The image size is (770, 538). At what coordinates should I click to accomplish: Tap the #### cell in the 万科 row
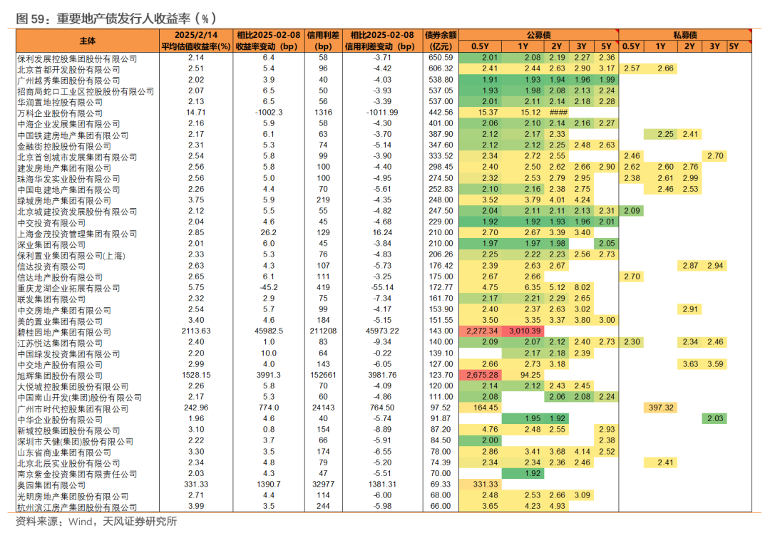pos(558,113)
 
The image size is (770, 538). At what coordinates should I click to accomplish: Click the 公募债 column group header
pos(538,35)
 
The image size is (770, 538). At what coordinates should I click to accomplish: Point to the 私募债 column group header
pos(685,35)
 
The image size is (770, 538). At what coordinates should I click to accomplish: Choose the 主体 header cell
pos(88,41)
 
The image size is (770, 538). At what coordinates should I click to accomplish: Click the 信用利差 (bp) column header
pos(323,41)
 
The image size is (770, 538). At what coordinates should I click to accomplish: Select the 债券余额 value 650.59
pos(441,58)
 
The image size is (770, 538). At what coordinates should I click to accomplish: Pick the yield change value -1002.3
pos(269,113)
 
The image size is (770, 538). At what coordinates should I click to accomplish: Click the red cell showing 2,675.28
pos(482,375)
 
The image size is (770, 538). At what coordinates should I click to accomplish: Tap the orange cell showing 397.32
pos(661,408)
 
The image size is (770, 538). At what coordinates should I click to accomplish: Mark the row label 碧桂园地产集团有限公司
pos(64,333)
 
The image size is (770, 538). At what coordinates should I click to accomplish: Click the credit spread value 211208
pos(323,331)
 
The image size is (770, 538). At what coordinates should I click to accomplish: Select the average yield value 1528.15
pos(196,375)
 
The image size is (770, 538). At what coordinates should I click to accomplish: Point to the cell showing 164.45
pos(482,408)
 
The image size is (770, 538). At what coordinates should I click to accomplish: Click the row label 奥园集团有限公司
pos(51,485)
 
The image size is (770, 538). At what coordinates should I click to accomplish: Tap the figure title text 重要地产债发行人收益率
pos(123,19)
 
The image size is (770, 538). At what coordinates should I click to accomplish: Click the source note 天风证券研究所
pos(140,522)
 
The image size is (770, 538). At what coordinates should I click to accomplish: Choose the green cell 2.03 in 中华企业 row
pos(714,419)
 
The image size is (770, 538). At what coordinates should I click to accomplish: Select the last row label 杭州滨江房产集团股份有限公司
pos(77,507)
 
